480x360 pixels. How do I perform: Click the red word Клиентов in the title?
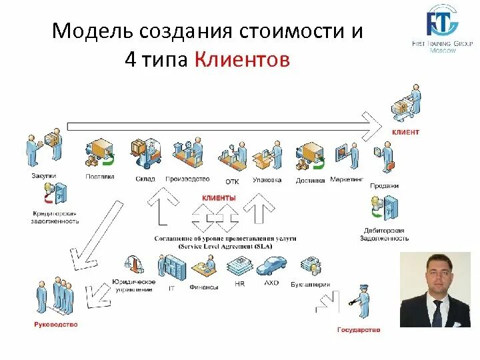243,60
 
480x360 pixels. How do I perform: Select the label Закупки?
43,176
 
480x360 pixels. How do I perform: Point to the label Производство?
187,179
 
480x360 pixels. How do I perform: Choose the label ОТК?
232,181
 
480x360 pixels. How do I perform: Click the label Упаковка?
267,179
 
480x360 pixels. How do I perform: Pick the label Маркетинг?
347,179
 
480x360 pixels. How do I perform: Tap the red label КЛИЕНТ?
405,132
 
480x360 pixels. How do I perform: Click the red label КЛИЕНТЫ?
219,198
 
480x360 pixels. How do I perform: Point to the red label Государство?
359,330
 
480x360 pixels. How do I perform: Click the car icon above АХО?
271,267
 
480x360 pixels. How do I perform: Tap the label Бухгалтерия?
311,285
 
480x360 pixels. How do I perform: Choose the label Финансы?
204,287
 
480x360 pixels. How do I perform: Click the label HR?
240,283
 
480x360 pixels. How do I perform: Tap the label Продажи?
385,186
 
